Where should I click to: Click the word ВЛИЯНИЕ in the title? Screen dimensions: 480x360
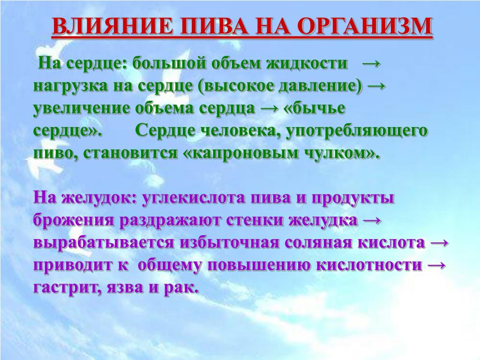click(x=112, y=26)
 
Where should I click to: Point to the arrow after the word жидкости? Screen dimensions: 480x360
click(x=371, y=64)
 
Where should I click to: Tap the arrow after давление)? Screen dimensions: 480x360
click(x=376, y=86)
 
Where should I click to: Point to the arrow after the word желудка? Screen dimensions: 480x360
click(x=372, y=221)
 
